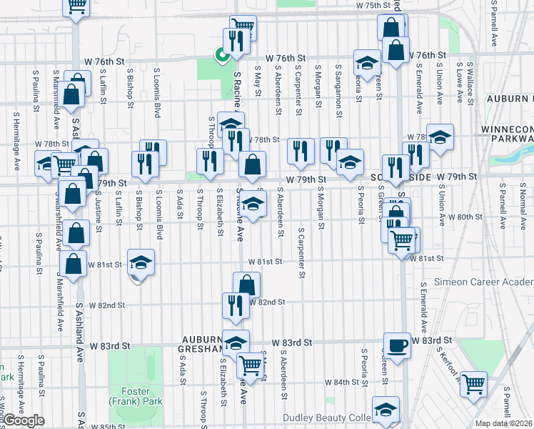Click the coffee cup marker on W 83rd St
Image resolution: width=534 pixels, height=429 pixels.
(x=397, y=345)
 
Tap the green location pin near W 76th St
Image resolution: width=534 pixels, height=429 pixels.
(x=222, y=53)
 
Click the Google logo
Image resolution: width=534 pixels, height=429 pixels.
(x=24, y=420)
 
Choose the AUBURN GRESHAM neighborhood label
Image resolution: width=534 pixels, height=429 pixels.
(x=208, y=344)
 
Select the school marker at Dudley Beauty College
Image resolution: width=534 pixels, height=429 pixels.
(x=386, y=409)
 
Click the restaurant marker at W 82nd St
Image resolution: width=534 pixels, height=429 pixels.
(x=236, y=305)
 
